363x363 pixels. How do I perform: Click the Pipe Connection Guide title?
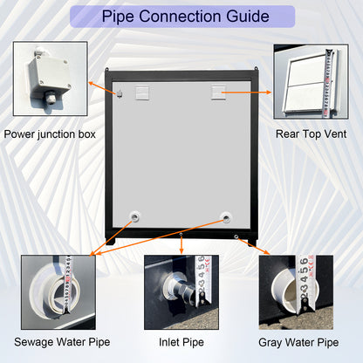click(185, 17)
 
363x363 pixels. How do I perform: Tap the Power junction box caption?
click(50, 134)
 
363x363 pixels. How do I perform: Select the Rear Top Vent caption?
click(311, 134)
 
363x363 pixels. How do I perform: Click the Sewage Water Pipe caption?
click(62, 342)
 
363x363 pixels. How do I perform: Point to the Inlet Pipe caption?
click(181, 342)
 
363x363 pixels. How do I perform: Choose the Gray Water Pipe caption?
click(298, 342)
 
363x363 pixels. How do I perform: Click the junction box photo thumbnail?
click(51, 79)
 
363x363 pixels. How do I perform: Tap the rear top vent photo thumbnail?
click(311, 81)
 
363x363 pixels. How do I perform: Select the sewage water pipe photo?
click(58, 292)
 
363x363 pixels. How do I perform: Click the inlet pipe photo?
click(181, 292)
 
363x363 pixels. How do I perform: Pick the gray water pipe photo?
click(296, 292)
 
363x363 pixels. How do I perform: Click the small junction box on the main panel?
click(120, 94)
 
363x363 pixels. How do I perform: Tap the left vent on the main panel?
click(142, 92)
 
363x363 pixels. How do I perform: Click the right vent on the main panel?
click(218, 92)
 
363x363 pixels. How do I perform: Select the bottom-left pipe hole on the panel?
click(134, 216)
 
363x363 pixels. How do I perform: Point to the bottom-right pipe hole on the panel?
click(226, 217)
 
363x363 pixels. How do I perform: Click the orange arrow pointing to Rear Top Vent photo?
click(247, 92)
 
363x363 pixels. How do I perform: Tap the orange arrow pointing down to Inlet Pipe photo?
click(181, 243)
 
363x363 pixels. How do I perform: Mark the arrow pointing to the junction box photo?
click(104, 87)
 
